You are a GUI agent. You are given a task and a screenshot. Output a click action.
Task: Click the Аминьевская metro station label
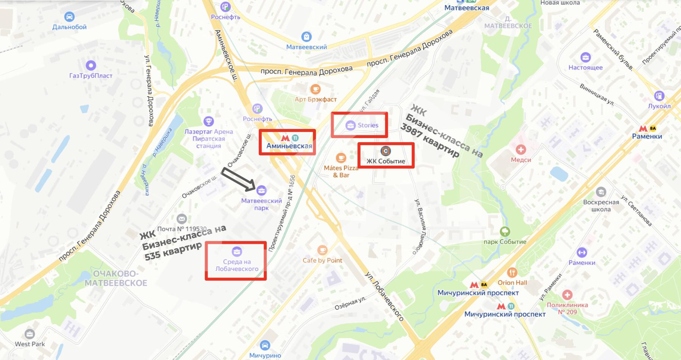click(x=289, y=146)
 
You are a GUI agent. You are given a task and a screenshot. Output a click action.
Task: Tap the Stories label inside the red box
click(x=368, y=125)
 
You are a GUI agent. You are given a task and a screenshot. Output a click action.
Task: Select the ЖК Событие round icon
click(x=386, y=151)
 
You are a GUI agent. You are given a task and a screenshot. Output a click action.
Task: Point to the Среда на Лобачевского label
click(x=237, y=265)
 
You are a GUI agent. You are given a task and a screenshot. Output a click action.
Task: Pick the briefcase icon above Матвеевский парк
click(x=261, y=190)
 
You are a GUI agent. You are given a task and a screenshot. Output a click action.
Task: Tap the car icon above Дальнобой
click(x=69, y=17)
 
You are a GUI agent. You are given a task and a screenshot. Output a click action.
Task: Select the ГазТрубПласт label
click(x=91, y=76)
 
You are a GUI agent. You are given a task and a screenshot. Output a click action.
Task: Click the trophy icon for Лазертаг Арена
click(x=208, y=121)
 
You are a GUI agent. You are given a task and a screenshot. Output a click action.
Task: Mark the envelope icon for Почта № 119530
click(x=182, y=219)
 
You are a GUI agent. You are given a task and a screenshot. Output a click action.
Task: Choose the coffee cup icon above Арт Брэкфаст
click(x=315, y=89)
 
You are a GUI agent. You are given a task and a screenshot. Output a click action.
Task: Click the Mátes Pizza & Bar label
click(x=341, y=171)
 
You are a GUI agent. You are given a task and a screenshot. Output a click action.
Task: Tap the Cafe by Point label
click(x=322, y=260)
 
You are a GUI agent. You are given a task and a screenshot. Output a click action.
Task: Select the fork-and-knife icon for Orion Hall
click(x=512, y=272)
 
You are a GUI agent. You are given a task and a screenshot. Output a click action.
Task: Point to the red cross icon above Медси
click(x=521, y=149)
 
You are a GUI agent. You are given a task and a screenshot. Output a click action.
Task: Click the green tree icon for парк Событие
click(x=505, y=231)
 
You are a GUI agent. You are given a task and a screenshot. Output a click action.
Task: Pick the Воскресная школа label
click(x=601, y=205)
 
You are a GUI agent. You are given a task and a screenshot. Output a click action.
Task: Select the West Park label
click(x=30, y=344)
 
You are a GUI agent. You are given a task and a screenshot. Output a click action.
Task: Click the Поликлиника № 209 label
click(x=567, y=308)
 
